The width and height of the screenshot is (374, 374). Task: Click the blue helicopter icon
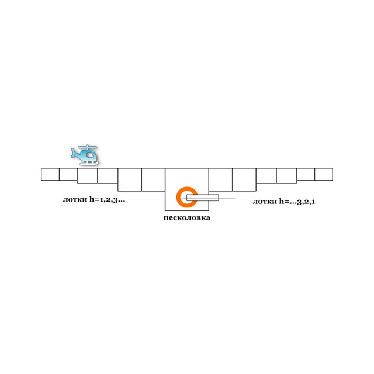pyautogui.click(x=84, y=155)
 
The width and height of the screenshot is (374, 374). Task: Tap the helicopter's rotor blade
pyautogui.click(x=88, y=147)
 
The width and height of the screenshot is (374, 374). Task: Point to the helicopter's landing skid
pyautogui.click(x=88, y=164)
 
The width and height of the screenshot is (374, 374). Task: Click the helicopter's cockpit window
pyautogui.click(x=89, y=155)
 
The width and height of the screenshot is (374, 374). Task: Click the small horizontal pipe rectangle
pyautogui.click(x=203, y=198)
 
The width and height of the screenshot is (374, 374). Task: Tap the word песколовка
pyautogui.click(x=187, y=218)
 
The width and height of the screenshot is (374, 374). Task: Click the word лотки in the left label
pyautogui.click(x=75, y=200)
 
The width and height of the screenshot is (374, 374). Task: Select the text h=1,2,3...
pyautogui.click(x=107, y=199)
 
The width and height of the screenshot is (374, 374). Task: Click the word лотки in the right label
pyautogui.click(x=265, y=202)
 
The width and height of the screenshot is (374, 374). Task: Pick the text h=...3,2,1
pyautogui.click(x=297, y=202)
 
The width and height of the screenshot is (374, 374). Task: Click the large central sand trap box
pyautogui.click(x=187, y=189)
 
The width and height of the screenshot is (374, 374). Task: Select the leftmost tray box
pyautogui.click(x=50, y=174)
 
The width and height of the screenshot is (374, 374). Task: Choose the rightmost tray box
pyautogui.click(x=324, y=174)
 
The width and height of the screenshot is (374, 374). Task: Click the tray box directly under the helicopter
pyautogui.click(x=87, y=176)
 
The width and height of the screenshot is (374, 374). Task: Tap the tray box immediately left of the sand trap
pyautogui.click(x=153, y=179)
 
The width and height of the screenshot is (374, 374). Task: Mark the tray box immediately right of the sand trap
pyautogui.click(x=221, y=179)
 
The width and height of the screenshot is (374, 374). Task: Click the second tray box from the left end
pyautogui.click(x=68, y=174)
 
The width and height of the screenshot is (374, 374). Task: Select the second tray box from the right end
pyautogui.click(x=306, y=174)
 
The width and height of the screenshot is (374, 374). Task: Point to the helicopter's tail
pyautogui.click(x=75, y=153)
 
